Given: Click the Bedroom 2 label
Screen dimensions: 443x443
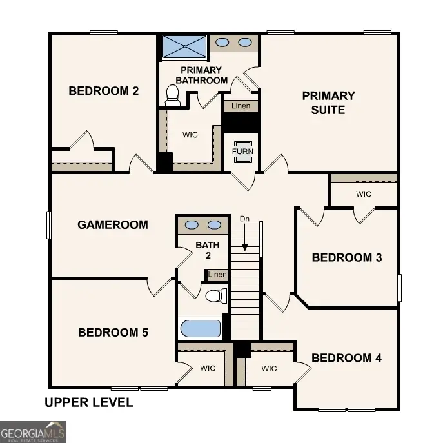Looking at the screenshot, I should tap(103, 91).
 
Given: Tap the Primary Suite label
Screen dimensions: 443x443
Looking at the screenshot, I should tap(328, 103).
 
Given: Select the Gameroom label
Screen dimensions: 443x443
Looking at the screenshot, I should tap(113, 225).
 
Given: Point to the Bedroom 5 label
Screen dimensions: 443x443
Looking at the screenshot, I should tap(113, 333).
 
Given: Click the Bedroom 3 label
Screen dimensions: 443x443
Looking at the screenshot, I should tap(347, 257).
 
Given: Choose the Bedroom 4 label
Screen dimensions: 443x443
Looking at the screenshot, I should tap(342, 358).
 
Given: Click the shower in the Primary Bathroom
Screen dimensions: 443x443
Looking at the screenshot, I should tap(184, 46).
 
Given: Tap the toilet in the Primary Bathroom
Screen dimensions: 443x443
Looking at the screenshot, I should tap(172, 95).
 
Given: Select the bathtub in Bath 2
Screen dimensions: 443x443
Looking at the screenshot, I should tap(201, 328).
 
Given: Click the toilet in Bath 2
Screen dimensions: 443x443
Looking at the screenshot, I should tap(216, 296).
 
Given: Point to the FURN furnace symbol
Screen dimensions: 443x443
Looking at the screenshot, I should tap(243, 151).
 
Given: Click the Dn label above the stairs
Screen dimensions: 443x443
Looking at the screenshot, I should tap(244, 219).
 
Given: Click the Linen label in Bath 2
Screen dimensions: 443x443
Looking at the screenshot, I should tap(218, 275).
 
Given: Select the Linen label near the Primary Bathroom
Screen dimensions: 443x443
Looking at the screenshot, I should tap(241, 106).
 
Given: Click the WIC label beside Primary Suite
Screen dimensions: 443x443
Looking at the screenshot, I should tap(364, 193).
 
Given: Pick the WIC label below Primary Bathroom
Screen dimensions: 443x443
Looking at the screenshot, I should tap(190, 135).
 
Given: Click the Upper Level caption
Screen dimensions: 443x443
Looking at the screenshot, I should tap(89, 403).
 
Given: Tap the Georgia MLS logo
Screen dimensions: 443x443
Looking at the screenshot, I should tap(32, 431).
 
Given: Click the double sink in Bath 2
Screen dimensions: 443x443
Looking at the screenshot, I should tap(202, 225).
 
